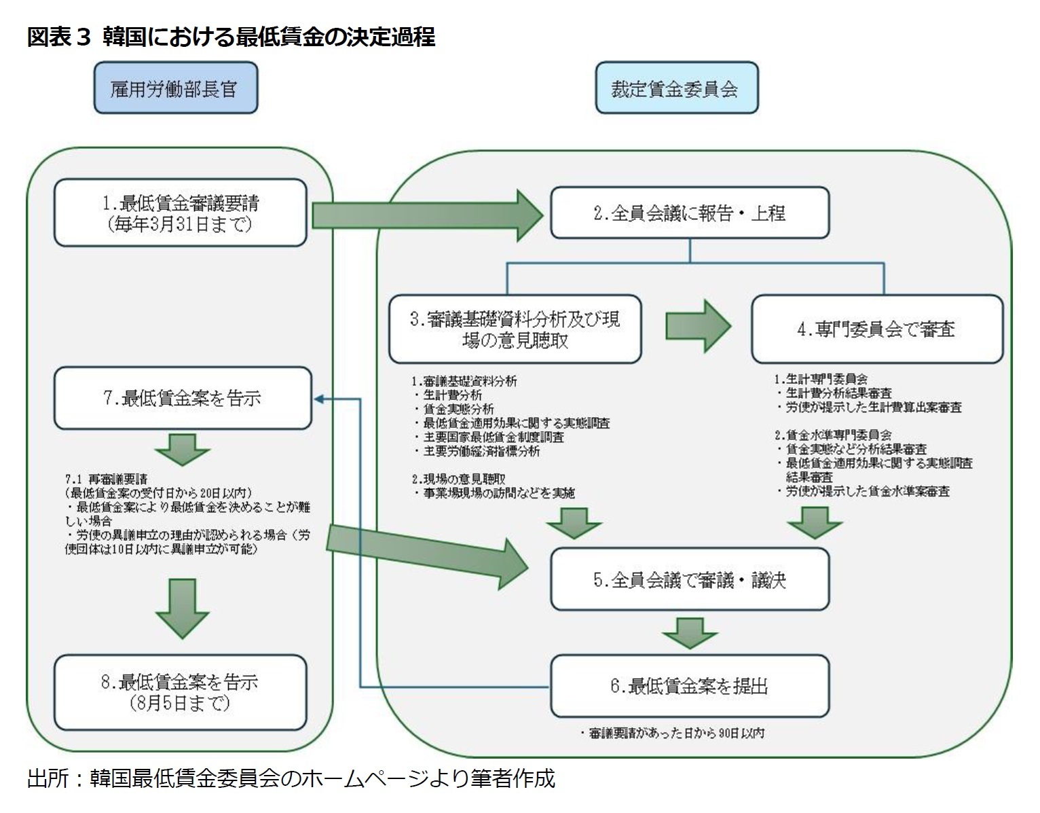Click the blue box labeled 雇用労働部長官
[x=175, y=88]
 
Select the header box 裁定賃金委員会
[x=676, y=88]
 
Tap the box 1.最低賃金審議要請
[x=180, y=213]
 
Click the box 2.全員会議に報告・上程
[x=689, y=213]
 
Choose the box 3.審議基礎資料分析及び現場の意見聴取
[x=515, y=329]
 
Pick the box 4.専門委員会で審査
[x=876, y=329]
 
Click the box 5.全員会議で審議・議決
[x=689, y=580]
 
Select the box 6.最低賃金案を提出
[x=689, y=686]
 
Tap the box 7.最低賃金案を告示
[x=182, y=398]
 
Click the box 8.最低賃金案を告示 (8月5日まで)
[x=180, y=692]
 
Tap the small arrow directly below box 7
[x=182, y=449]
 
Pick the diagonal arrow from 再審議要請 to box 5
[x=428, y=551]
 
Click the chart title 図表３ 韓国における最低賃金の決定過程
[x=231, y=37]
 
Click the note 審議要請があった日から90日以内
[x=672, y=734]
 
